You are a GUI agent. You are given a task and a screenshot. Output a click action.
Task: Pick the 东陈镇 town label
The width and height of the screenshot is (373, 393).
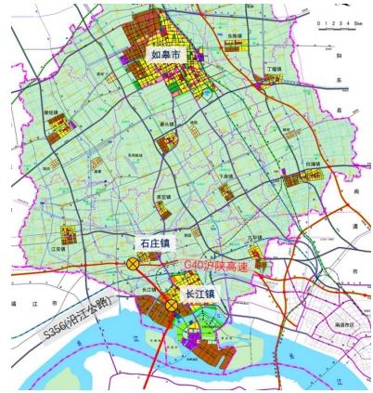point(234,36)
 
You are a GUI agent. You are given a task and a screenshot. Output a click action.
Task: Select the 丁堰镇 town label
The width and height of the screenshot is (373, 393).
point(273,69)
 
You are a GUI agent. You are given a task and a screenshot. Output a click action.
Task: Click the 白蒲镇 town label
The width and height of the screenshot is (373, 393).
point(312,162)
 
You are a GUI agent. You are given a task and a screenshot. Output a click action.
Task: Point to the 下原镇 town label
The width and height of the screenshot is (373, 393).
point(224,175)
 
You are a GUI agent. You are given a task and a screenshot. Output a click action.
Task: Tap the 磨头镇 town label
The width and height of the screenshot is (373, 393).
point(168,124)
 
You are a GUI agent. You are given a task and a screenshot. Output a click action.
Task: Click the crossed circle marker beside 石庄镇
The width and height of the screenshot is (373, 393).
point(132,264)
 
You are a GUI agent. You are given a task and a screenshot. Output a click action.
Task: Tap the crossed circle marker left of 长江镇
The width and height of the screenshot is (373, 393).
point(172,305)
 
